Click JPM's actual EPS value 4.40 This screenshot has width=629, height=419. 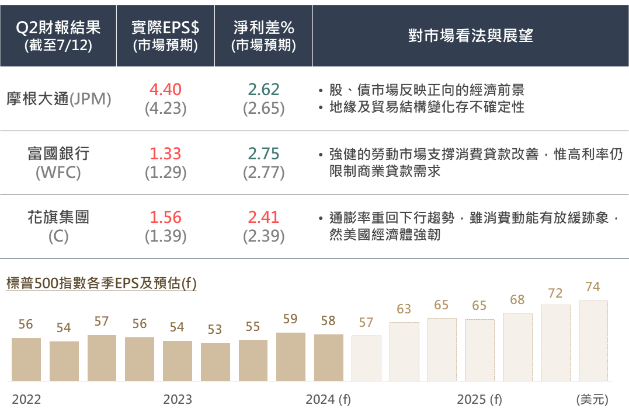pos(165,89)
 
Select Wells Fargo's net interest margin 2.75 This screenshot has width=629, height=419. pos(263,153)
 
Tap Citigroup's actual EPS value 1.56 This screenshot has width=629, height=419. pos(165,218)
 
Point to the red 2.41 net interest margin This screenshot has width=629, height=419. pos(263,218)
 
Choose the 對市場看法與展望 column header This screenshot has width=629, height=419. pos(470,36)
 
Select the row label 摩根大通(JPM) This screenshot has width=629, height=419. pos(58,99)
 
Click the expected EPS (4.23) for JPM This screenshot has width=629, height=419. pos(165,109)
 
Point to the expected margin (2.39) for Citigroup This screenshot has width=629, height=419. pos(263,236)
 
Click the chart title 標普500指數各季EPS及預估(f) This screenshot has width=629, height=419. pos(101,284)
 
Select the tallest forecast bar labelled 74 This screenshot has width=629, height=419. pos(593,341)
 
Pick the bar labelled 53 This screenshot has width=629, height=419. pos(216,362)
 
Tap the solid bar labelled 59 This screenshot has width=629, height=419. pos(291,357)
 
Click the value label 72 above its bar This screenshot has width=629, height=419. pos(555,293)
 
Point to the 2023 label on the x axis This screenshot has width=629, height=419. pos(178,400)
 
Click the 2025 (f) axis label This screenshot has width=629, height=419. pos(479,400)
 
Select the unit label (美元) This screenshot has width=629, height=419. pos(592,400)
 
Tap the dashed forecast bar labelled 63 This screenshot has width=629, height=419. pos(404,351)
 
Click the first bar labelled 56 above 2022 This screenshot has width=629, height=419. pos(26,359)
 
